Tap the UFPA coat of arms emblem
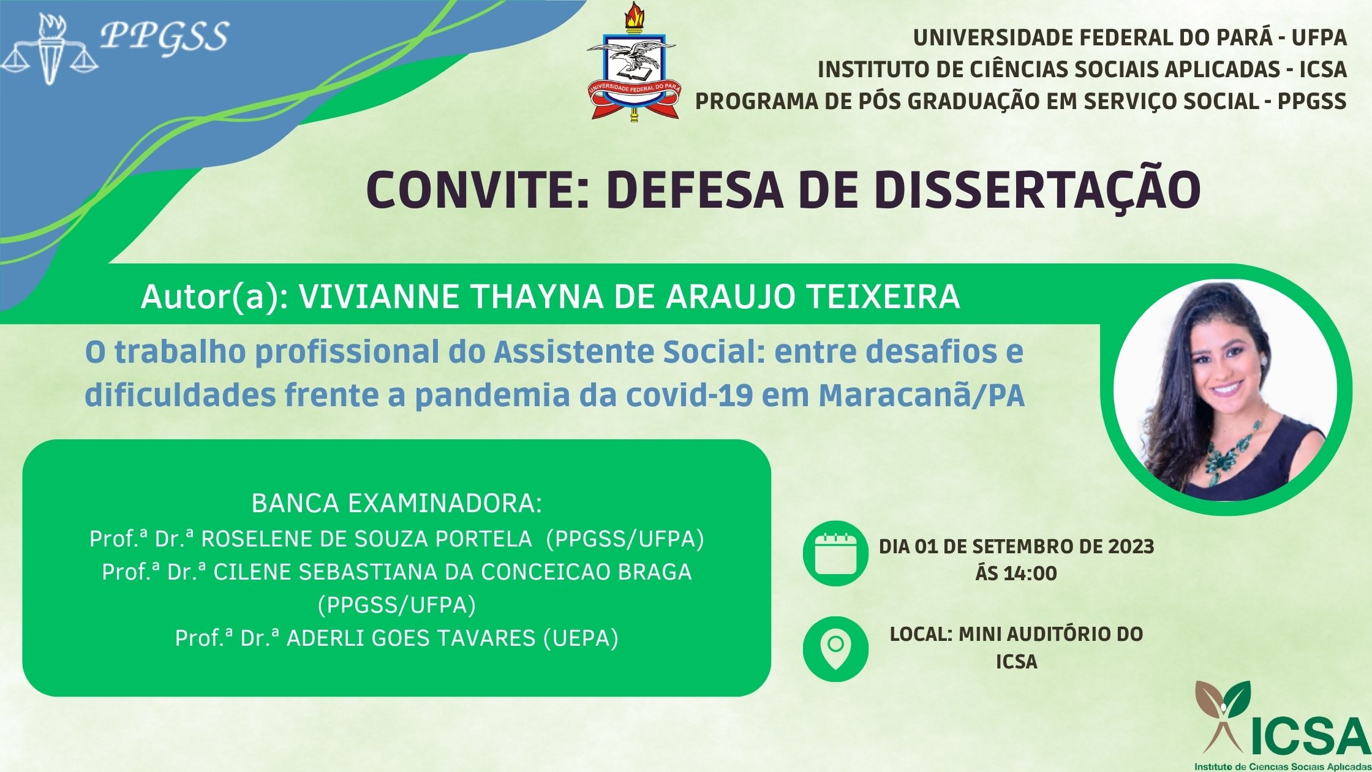point(632,62)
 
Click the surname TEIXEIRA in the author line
point(883,297)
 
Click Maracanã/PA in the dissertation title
point(922,395)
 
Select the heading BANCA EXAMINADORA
point(397,504)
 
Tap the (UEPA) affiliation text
point(581,638)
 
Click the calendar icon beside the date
point(835,553)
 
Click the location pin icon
point(835,649)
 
